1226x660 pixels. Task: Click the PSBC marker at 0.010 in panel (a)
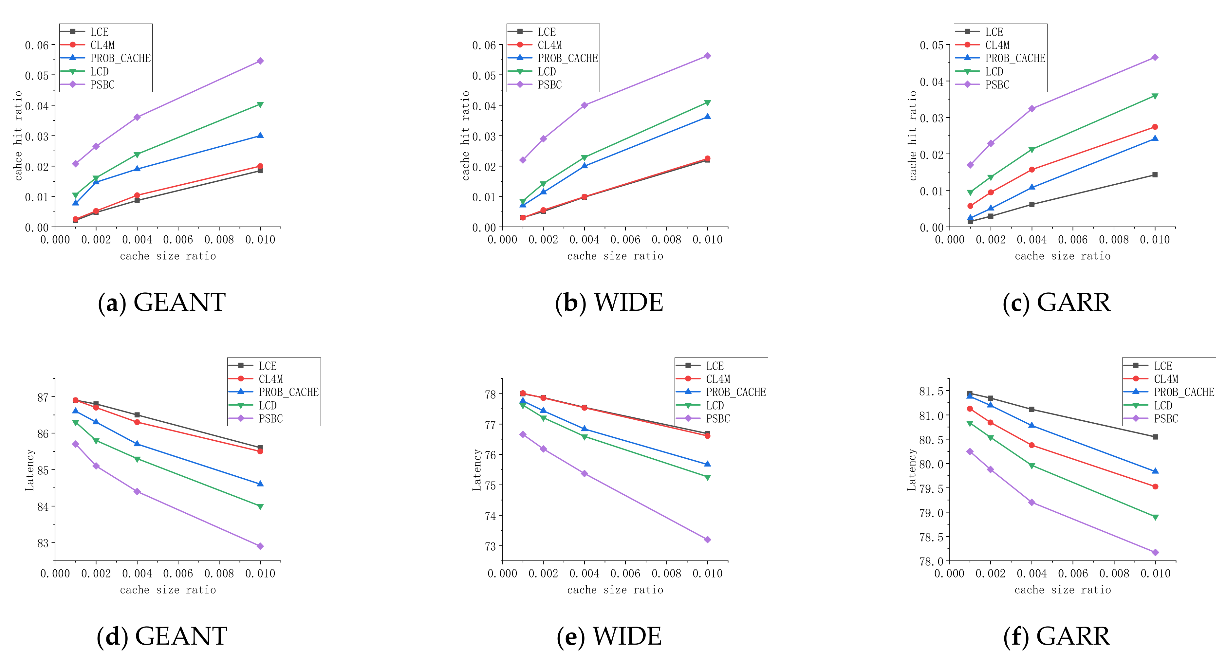coord(260,61)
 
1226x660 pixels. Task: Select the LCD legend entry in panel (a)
coord(100,71)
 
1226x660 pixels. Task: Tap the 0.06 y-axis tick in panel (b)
coord(484,45)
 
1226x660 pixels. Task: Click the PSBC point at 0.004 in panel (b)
coord(585,105)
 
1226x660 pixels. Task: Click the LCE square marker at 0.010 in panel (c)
coord(1155,174)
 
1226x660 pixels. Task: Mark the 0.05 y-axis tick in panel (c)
coord(931,45)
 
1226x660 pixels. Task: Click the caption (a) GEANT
coord(162,302)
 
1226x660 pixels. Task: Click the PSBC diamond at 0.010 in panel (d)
coord(260,546)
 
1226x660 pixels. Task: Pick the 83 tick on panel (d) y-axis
coord(43,543)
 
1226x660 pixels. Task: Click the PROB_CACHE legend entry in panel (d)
coord(288,392)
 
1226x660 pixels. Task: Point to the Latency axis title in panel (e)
coord(476,470)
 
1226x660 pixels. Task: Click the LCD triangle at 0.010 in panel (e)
coord(707,477)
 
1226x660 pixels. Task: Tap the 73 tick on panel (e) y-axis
coord(490,546)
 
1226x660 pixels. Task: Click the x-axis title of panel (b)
coord(615,256)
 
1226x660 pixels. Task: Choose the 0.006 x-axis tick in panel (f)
coord(1073,573)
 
